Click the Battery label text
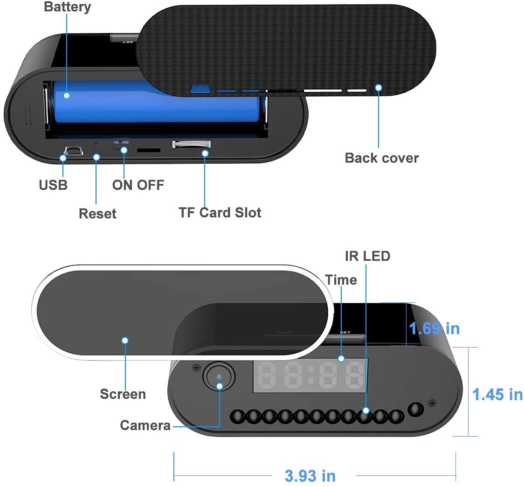pyautogui.click(x=68, y=7)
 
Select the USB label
pyautogui.click(x=53, y=185)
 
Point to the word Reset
pyautogui.click(x=97, y=214)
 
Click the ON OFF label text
pyautogui.click(x=138, y=185)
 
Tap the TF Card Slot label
pyautogui.click(x=220, y=213)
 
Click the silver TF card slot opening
pyautogui.click(x=191, y=145)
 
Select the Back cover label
pyautogui.click(x=381, y=158)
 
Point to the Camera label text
pyautogui.click(x=145, y=425)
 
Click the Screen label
pyautogui.click(x=123, y=394)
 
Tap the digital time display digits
pyautogui.click(x=310, y=376)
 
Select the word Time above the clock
pyautogui.click(x=341, y=280)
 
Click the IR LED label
pyautogui.click(x=367, y=256)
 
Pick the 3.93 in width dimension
pyautogui.click(x=310, y=476)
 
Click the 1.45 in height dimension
pyautogui.click(x=497, y=395)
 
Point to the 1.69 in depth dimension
pyautogui.click(x=434, y=328)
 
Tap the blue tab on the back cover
pyautogui.click(x=200, y=88)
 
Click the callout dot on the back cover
pyautogui.click(x=379, y=87)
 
